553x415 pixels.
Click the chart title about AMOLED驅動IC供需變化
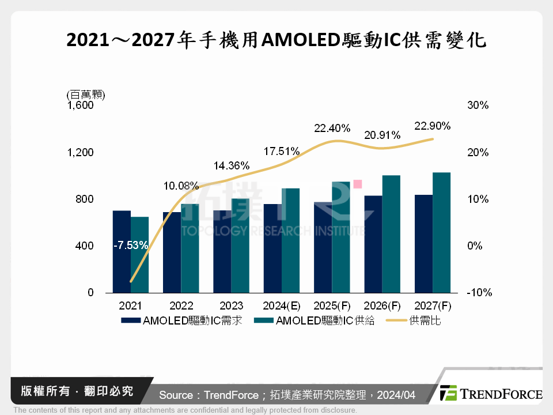coord(276,41)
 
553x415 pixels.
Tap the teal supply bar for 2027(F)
coord(441,233)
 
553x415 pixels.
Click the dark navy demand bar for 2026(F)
coord(373,244)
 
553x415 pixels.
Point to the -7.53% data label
coord(131,246)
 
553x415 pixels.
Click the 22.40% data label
coord(332,129)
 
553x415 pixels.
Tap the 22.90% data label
coord(432,126)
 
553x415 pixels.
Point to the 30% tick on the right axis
coord(478,105)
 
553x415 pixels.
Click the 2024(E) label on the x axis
coord(282,305)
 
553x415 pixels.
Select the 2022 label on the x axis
coord(181,305)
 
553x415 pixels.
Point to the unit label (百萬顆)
coord(82,94)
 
